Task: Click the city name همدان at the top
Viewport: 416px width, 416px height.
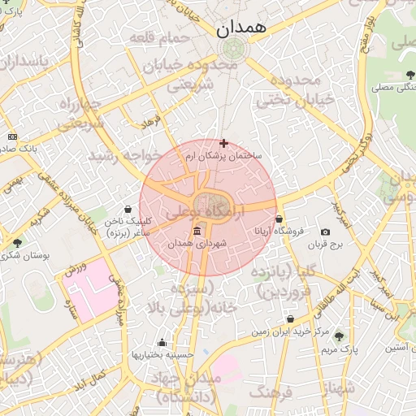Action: [242, 28]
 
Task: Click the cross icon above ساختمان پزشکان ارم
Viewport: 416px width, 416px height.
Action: [223, 143]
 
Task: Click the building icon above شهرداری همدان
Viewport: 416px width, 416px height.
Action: [199, 232]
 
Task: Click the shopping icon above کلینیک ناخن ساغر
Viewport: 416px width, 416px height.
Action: [128, 209]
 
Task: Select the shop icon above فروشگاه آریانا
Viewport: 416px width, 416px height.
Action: [279, 219]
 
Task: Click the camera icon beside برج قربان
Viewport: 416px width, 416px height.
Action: [326, 232]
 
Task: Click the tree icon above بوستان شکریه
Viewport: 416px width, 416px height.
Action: [17, 243]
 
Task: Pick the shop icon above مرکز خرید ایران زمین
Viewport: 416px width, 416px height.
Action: [290, 319]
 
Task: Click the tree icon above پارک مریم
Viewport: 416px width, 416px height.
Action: [339, 336]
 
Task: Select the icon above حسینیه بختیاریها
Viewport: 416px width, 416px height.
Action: [162, 342]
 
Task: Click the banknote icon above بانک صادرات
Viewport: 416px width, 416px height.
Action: [11, 136]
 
